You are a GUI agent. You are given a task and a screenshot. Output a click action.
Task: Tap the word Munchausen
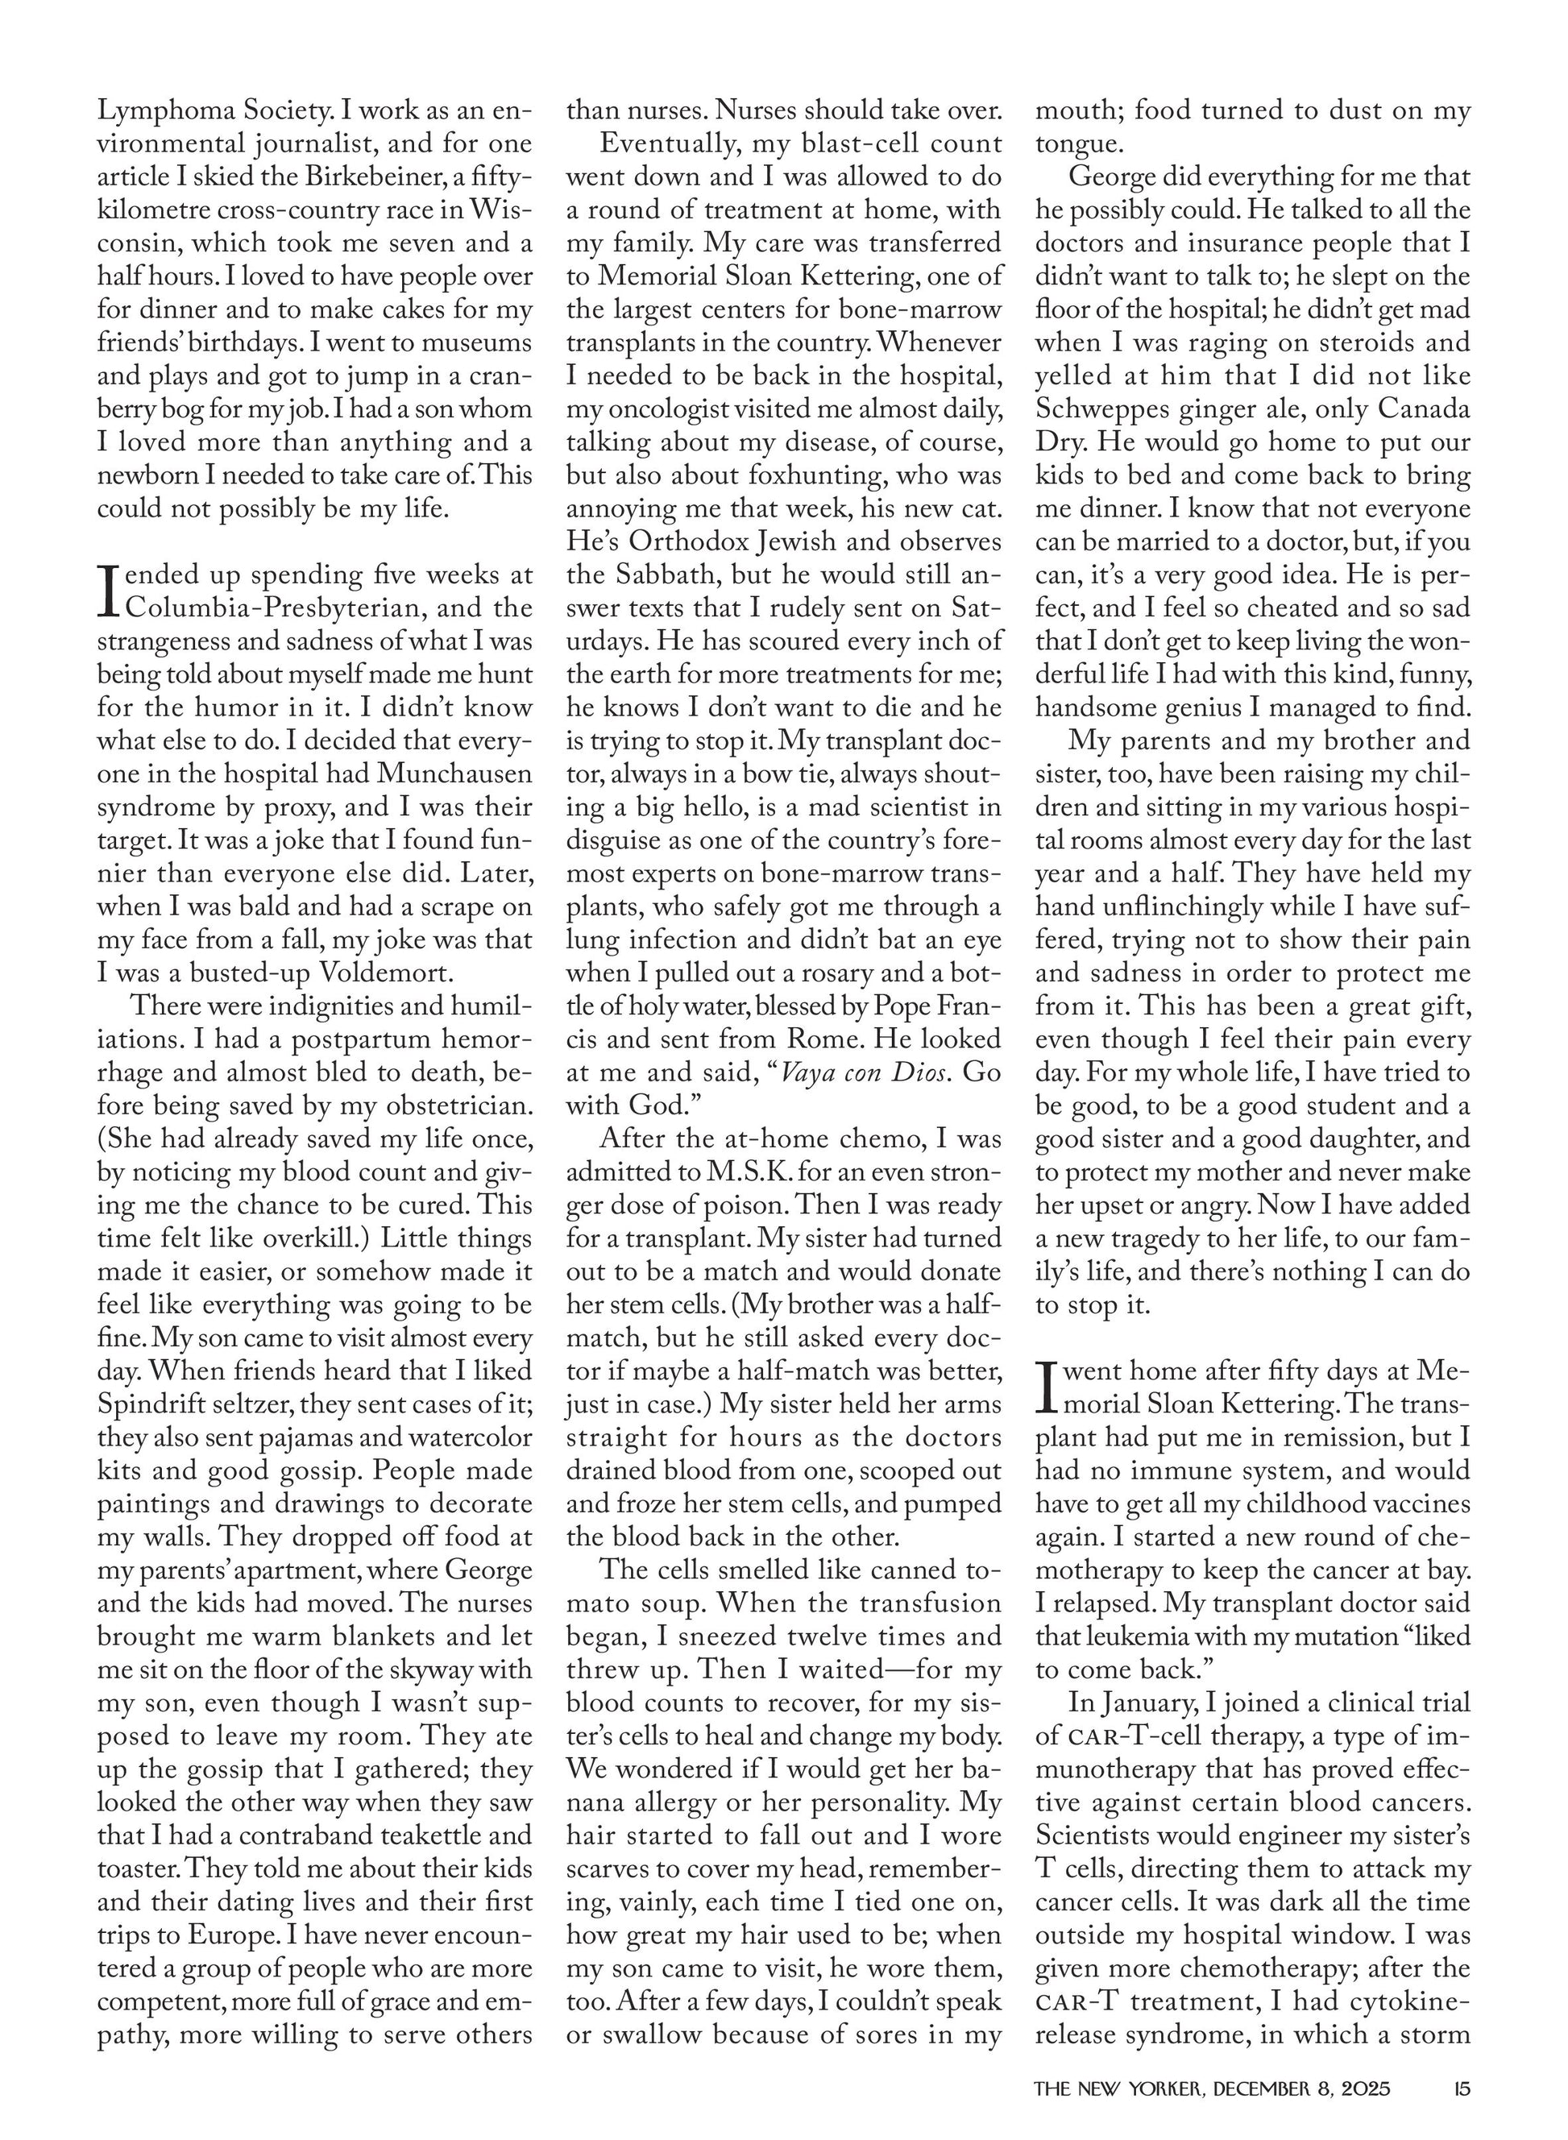pyautogui.click(x=454, y=773)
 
